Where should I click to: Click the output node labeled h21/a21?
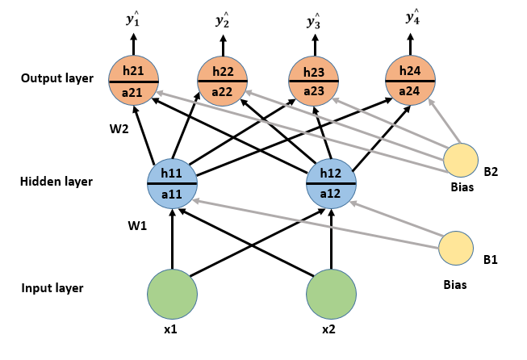134,82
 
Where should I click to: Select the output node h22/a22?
223,82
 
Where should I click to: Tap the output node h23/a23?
313,82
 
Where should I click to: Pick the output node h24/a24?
411,81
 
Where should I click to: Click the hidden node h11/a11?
172,183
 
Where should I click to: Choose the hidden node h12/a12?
332,183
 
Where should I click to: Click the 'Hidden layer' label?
56,182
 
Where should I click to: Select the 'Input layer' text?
53,288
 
